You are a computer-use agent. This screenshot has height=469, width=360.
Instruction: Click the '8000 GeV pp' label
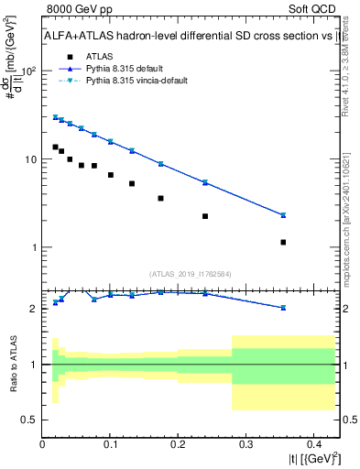[x=75, y=8]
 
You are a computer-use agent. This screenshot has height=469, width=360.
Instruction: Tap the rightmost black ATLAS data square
[x=283, y=242]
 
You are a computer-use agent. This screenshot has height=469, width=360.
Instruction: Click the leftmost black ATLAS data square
[x=55, y=147]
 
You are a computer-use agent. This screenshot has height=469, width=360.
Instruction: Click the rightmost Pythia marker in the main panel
[x=283, y=215]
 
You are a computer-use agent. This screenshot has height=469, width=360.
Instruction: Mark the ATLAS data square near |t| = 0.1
[x=111, y=175]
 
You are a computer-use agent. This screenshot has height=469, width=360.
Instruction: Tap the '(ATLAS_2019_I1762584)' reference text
[x=190, y=273]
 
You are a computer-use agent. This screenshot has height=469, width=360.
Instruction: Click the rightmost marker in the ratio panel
[x=283, y=308]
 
